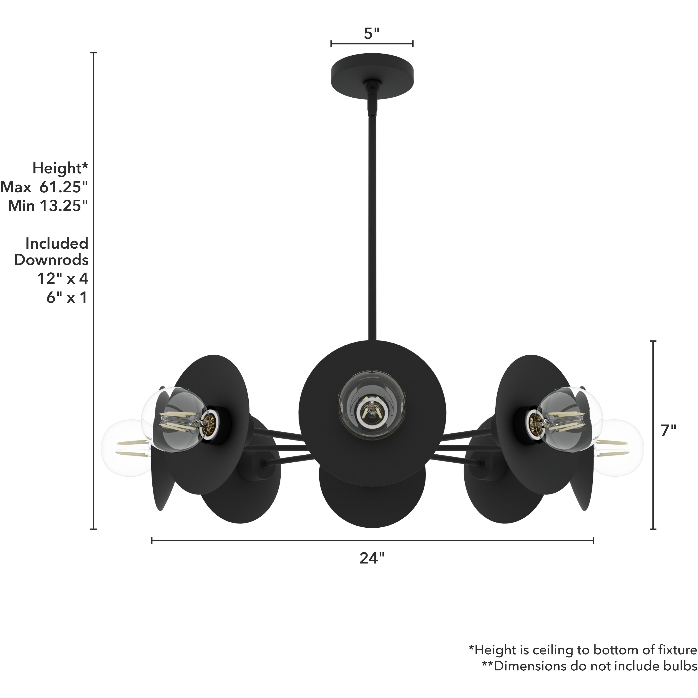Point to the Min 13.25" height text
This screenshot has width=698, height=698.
(48, 206)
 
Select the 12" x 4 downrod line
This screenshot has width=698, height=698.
(62, 278)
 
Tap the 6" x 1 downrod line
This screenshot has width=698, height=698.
(67, 297)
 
